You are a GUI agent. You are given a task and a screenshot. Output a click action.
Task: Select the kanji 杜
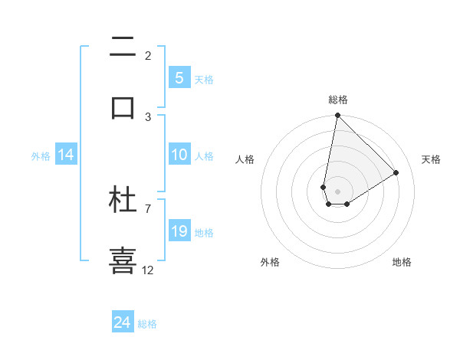[123, 200]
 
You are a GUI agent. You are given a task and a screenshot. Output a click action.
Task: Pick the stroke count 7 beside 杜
[148, 208]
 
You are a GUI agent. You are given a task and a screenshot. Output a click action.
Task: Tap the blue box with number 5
[179, 77]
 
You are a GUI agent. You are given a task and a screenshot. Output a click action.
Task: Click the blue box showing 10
[179, 155]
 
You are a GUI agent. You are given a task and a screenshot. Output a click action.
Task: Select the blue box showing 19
[179, 231]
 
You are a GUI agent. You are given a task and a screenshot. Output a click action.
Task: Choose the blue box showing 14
[66, 155]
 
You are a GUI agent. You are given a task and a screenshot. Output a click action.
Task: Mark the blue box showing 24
[123, 322]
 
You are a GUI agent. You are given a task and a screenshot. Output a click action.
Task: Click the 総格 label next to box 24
[147, 324]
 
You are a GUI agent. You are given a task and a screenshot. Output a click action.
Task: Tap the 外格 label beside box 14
[41, 156]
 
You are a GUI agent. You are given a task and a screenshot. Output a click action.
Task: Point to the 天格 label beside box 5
[204, 79]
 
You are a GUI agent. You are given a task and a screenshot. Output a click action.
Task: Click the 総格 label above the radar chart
[338, 100]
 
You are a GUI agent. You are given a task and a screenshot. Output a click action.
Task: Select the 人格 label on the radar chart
[245, 159]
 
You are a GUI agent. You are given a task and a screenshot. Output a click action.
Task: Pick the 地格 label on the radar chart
[402, 262]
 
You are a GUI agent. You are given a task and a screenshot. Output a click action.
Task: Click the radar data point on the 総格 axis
[337, 116]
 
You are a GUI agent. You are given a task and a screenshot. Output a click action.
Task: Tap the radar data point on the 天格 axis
[396, 172]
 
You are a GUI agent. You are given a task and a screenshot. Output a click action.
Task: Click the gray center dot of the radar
[337, 191]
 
